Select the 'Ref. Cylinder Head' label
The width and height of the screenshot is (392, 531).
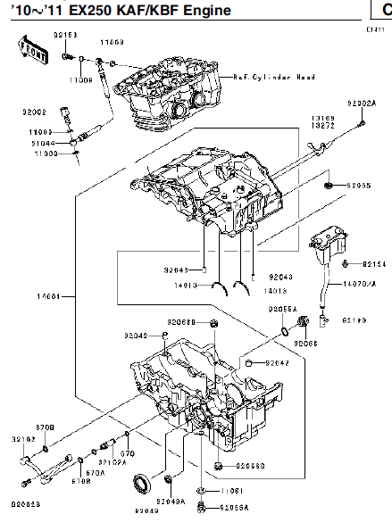click(274, 78)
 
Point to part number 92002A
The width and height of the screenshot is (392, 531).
click(362, 104)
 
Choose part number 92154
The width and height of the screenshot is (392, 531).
click(375, 264)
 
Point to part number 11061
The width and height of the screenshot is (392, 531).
click(229, 491)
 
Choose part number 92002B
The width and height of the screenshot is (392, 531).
click(25, 505)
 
